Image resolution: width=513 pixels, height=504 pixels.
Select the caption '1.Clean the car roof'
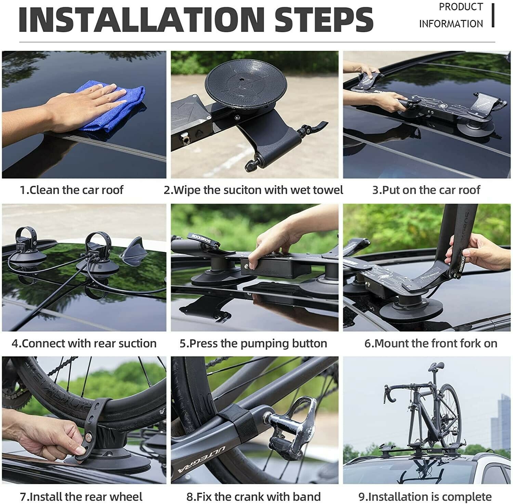tap(71, 190)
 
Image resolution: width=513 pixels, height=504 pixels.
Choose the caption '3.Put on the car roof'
tap(426, 190)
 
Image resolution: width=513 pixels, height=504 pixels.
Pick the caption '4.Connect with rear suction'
tap(84, 343)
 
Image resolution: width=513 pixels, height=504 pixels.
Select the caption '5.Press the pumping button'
tap(253, 343)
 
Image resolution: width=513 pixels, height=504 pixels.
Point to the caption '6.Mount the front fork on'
tap(431, 343)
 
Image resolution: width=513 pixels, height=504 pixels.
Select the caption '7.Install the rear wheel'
tap(81, 496)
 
